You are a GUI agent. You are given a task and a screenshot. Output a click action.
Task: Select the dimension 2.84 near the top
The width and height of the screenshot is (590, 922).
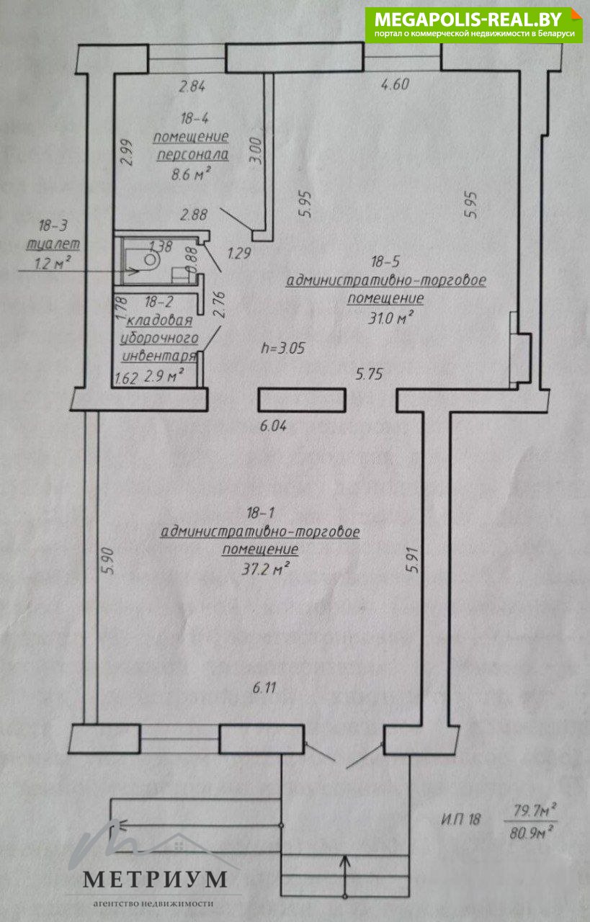[192, 87]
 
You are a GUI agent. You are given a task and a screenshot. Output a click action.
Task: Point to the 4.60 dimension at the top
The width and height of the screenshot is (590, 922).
[394, 84]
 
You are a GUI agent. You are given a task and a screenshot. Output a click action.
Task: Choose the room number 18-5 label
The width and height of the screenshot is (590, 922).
[385, 262]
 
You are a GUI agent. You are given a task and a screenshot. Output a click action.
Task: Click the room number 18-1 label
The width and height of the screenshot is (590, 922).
[259, 513]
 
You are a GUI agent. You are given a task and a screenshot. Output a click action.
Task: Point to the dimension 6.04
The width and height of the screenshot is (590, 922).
[274, 426]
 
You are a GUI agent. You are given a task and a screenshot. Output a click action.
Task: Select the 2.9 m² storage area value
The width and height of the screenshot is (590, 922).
[165, 373]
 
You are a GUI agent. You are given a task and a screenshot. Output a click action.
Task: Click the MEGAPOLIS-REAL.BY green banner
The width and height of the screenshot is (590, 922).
[473, 24]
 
